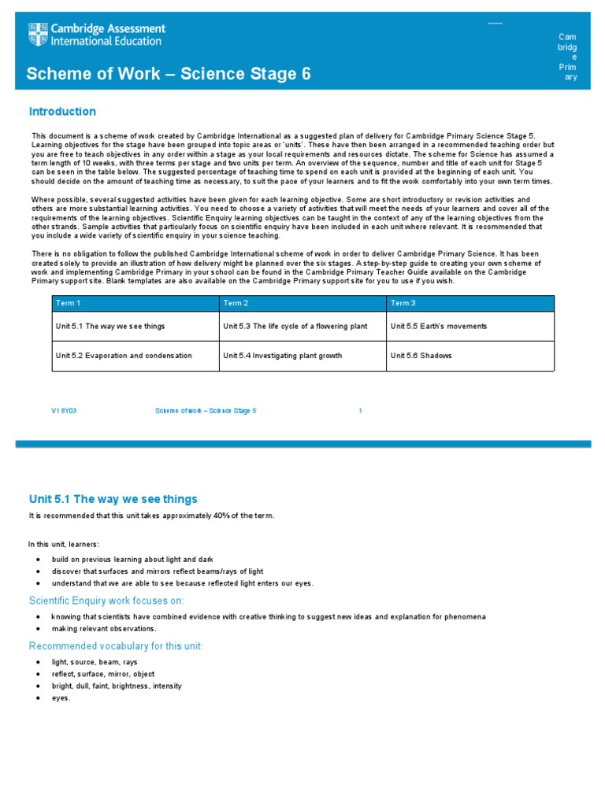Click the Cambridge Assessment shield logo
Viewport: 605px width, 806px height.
coord(38,35)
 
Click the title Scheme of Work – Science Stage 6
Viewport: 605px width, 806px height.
coord(169,74)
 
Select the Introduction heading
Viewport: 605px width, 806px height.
coord(62,112)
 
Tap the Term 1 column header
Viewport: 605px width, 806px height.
coord(68,303)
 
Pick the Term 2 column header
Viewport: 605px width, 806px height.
coord(236,303)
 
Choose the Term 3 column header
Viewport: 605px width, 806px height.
coord(403,303)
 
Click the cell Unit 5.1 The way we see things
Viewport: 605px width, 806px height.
coord(109,326)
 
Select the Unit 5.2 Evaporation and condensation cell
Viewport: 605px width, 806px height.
coord(123,356)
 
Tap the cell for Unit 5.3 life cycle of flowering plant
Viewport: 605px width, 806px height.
coord(295,326)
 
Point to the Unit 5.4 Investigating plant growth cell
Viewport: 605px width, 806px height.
coord(282,356)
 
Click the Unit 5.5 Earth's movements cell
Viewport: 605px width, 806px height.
coord(438,326)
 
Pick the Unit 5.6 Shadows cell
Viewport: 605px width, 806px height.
coord(418,356)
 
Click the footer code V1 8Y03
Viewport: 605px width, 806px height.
coord(64,411)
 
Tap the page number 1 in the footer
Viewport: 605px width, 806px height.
coord(360,411)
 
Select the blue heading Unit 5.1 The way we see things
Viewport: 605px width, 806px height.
coord(113,499)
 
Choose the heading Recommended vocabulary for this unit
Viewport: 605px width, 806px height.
coord(116,646)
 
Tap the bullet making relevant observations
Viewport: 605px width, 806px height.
coord(104,629)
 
